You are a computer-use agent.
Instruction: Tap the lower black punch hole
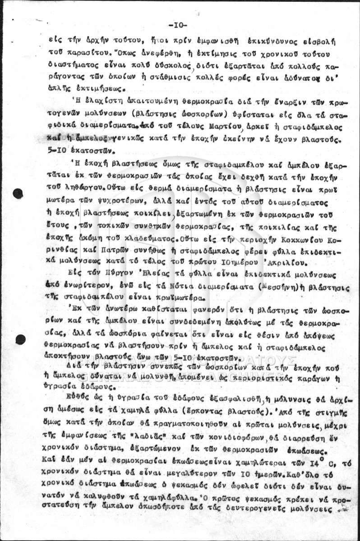(x=20, y=339)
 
